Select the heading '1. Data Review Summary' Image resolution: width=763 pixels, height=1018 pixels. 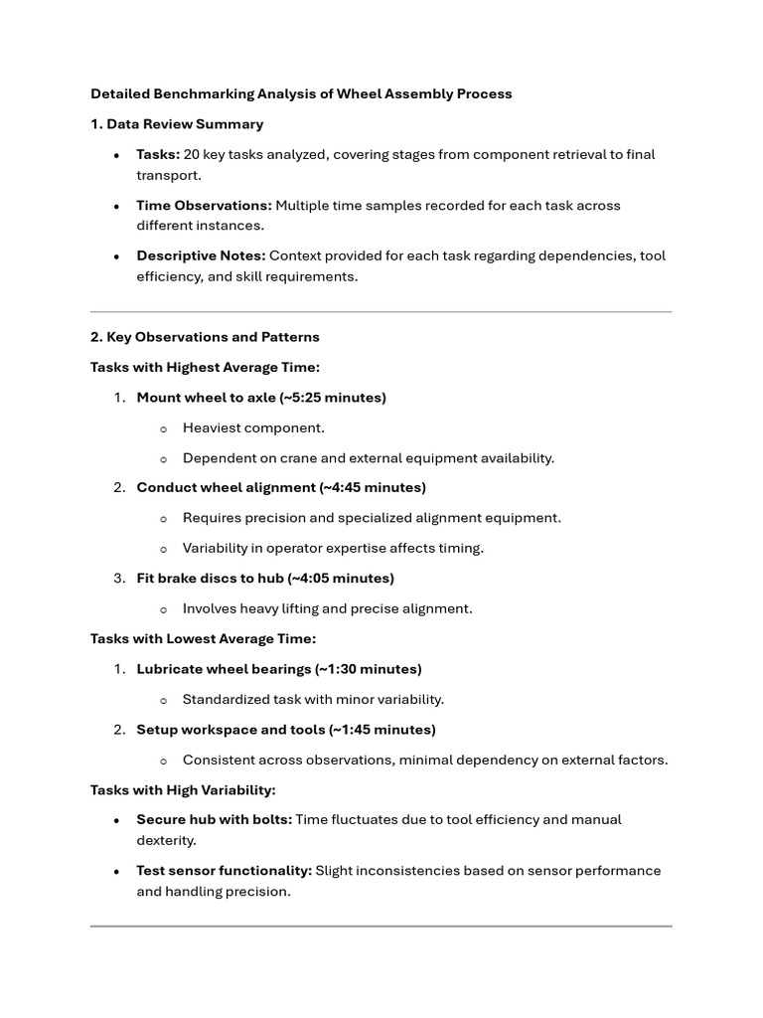[x=177, y=124]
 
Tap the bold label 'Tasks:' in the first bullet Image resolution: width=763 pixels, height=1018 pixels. [x=158, y=154]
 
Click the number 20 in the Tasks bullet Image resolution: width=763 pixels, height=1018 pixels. [x=193, y=154]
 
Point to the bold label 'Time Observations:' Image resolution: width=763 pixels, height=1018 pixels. [x=204, y=205]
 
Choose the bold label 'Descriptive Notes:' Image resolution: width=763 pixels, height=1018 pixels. [x=201, y=255]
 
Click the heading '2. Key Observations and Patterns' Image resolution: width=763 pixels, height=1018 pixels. [x=205, y=337]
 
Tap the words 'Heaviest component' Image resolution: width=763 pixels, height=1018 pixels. [x=253, y=427]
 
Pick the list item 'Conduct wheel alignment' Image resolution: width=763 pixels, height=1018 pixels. [x=225, y=488]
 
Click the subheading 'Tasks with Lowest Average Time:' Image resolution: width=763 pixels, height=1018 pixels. [x=203, y=639]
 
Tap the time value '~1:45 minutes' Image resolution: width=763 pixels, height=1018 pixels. [x=382, y=730]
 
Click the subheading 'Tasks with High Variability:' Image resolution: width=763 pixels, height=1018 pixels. [x=183, y=790]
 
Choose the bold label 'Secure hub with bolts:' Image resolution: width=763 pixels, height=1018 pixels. [x=214, y=820]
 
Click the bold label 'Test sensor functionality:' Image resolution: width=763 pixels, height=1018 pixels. [x=224, y=871]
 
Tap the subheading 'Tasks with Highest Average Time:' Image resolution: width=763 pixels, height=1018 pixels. [x=205, y=368]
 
